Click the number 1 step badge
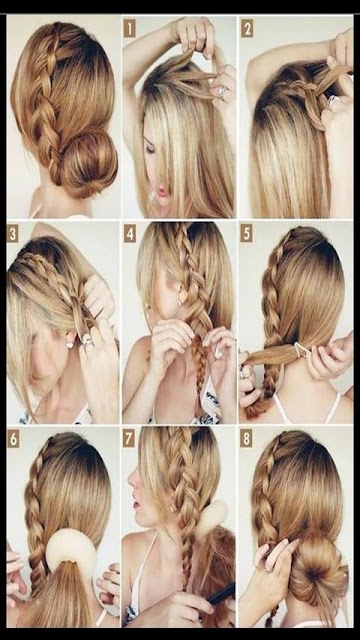(x=129, y=28)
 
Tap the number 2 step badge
(x=247, y=28)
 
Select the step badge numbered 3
(x=13, y=233)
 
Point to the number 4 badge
(x=130, y=233)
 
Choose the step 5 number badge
(x=246, y=233)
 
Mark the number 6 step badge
(x=13, y=438)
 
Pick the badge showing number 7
(x=129, y=438)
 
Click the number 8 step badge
(x=246, y=438)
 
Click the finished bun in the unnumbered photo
(x=88, y=162)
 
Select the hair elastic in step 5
(x=300, y=349)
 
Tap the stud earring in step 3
(x=69, y=345)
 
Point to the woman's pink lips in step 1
(x=164, y=190)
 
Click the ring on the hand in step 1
(x=222, y=91)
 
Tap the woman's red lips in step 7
(x=136, y=506)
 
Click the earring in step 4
(x=178, y=303)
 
